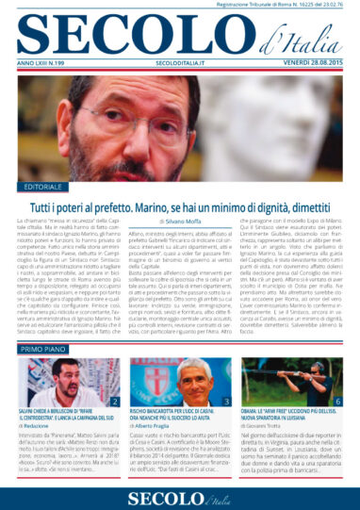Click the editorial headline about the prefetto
(179, 204)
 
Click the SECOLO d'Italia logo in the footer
(179, 494)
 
